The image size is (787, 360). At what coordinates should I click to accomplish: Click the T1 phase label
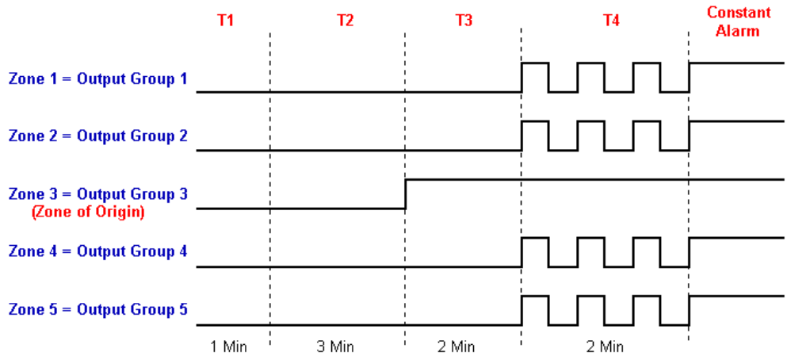(x=226, y=21)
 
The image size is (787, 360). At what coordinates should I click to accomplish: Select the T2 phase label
(x=345, y=21)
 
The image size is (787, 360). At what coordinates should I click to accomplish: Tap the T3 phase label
(x=464, y=21)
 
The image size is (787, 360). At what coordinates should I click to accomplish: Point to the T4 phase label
(x=611, y=21)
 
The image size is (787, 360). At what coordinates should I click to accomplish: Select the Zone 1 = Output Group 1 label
(x=98, y=79)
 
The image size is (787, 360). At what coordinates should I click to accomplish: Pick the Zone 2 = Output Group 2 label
(x=98, y=136)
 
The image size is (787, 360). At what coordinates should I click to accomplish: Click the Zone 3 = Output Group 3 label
(x=98, y=193)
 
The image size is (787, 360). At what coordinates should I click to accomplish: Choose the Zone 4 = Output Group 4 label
(x=98, y=252)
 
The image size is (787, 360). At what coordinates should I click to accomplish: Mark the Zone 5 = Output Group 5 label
(x=98, y=309)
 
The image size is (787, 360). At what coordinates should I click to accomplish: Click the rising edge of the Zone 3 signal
(x=405, y=193)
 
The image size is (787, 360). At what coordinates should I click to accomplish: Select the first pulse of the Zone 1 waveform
(x=534, y=63)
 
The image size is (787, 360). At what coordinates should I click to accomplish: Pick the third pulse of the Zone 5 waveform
(x=646, y=297)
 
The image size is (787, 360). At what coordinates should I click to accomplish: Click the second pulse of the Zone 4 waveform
(x=590, y=239)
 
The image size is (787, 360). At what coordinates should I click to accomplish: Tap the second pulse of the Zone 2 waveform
(x=590, y=122)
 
